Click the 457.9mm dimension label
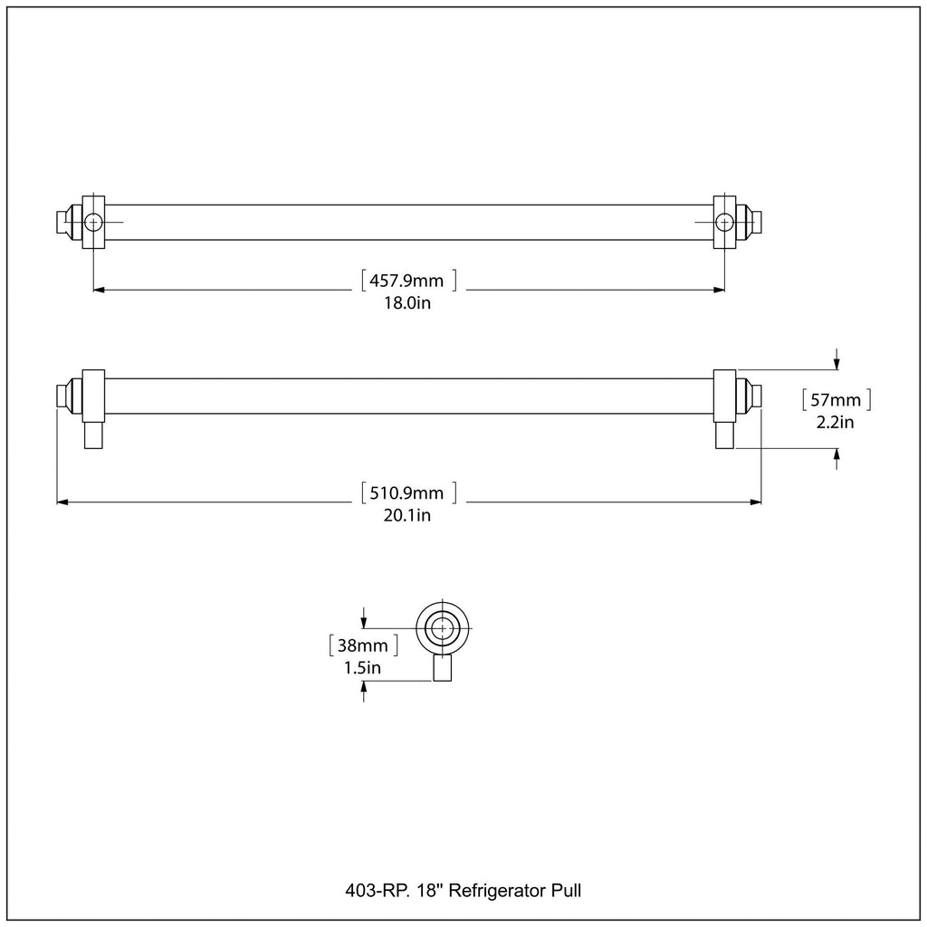pyautogui.click(x=406, y=281)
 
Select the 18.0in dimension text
pyautogui.click(x=407, y=303)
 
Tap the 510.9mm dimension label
pyautogui.click(x=406, y=492)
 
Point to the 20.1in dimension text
pyautogui.click(x=407, y=515)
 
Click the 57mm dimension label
pyautogui.click(x=836, y=400)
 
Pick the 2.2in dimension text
pyautogui.click(x=836, y=423)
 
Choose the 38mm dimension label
pyautogui.click(x=362, y=645)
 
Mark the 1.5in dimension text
pyautogui.click(x=362, y=668)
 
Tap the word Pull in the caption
pyautogui.click(x=567, y=891)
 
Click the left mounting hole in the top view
pyautogui.click(x=93, y=223)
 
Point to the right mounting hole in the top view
pyautogui.click(x=724, y=223)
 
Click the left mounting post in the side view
pyautogui.click(x=93, y=435)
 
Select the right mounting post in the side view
pyautogui.click(x=725, y=435)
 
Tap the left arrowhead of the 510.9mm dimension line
pyautogui.click(x=62, y=502)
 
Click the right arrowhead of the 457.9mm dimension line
pyautogui.click(x=719, y=290)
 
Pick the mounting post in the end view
pyautogui.click(x=442, y=667)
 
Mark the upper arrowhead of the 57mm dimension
pyautogui.click(x=836, y=364)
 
